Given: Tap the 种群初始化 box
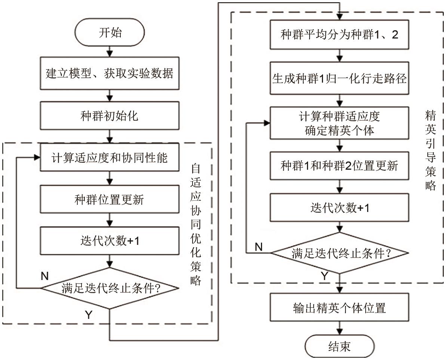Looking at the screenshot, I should pyautogui.click(x=110, y=116).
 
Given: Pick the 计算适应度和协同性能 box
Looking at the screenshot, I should pyautogui.click(x=110, y=158).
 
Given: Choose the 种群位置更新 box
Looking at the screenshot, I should pyautogui.click(x=110, y=200).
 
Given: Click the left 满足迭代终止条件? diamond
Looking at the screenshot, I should pyautogui.click(x=110, y=288).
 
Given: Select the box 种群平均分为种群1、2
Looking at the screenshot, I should pyautogui.click(x=339, y=36).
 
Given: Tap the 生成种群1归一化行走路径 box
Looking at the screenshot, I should pyautogui.click(x=339, y=79).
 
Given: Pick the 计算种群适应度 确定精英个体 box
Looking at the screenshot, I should pyautogui.click(x=339, y=123).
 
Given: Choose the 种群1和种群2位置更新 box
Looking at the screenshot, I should pyautogui.click(x=339, y=166).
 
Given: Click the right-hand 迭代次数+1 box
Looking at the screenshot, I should pyautogui.click(x=339, y=208).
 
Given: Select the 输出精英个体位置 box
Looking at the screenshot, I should pyautogui.click(x=339, y=308).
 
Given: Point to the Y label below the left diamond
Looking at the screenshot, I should pyautogui.click(x=89, y=315).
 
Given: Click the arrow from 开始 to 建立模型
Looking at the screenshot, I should pyautogui.click(x=110, y=51).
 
